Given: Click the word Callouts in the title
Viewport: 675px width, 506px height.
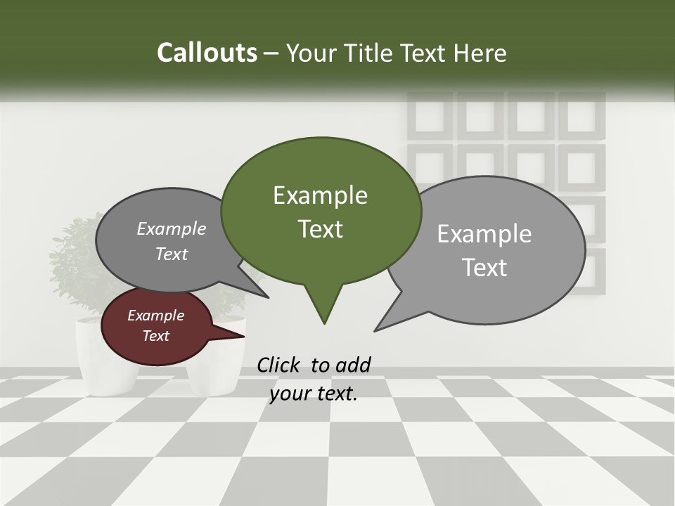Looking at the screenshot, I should tap(207, 53).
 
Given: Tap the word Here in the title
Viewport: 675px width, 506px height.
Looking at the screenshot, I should tap(480, 53).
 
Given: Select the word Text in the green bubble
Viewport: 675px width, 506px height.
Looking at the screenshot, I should tap(320, 228).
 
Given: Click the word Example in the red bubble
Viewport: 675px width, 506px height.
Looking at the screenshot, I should tap(155, 316).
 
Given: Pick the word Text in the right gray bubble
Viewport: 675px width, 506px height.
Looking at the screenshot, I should tap(484, 267).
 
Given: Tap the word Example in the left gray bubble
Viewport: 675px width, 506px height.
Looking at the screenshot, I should tap(171, 228).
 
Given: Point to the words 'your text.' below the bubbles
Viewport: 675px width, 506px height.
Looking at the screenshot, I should tap(314, 394).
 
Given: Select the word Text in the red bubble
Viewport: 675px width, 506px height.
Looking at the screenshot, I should tap(155, 336).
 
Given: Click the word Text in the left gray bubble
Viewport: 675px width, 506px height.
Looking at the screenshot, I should tap(171, 254).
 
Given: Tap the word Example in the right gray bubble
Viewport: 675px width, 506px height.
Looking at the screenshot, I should tap(484, 233).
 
